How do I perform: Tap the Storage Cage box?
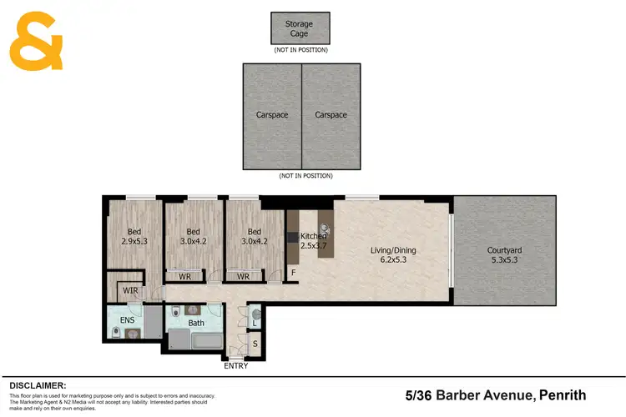[x=300, y=28]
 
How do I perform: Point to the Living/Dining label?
[x=393, y=254]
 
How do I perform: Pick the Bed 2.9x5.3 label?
[x=134, y=238]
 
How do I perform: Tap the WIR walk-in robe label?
[x=130, y=290]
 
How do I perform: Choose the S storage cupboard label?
[x=255, y=344]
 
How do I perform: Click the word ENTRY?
[x=236, y=365]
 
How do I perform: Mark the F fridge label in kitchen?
[x=293, y=272]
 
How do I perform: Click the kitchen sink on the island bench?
[x=324, y=226]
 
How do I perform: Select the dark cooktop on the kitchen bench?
[x=291, y=237]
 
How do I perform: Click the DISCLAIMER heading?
[x=38, y=385]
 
